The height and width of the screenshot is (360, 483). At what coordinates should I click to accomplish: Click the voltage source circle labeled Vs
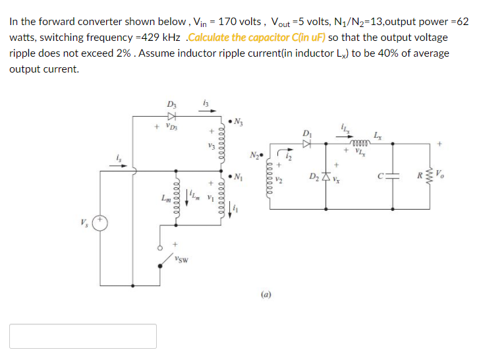coord(99,223)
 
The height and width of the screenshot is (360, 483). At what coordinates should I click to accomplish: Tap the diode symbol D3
coord(172,115)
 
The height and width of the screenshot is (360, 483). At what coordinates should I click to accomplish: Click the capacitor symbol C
coord(393,177)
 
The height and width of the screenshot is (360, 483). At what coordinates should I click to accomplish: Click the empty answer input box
coord(83,336)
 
